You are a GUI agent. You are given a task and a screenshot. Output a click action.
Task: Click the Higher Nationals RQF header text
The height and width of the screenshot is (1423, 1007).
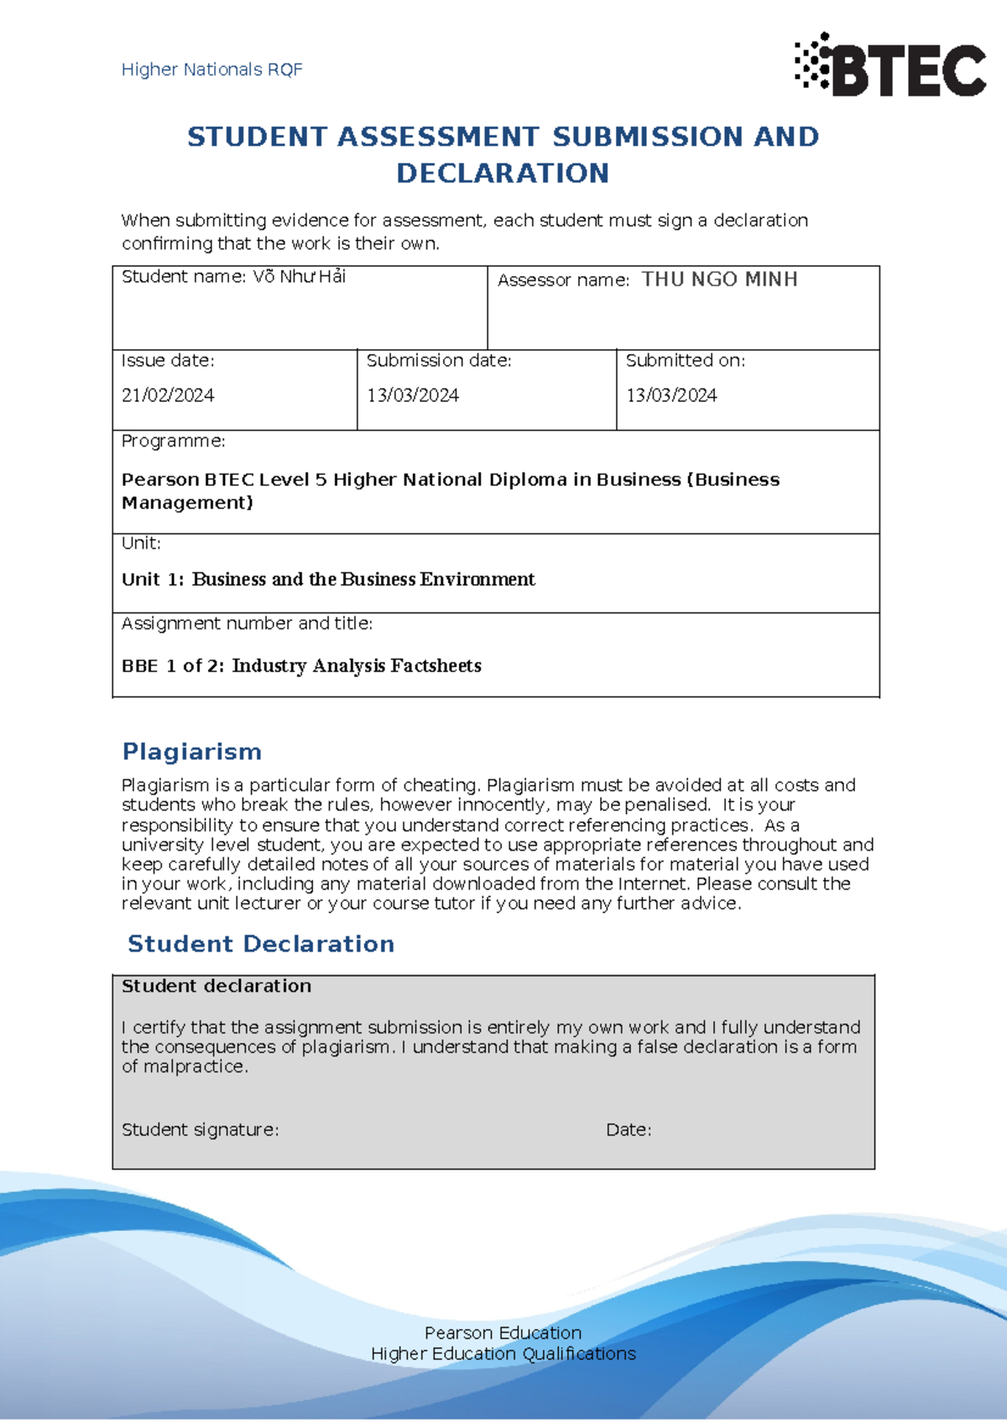211,70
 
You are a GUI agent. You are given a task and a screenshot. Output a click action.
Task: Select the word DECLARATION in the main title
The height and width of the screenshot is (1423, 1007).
503,174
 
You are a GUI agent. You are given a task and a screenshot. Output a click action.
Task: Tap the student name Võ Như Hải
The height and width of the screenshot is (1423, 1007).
300,277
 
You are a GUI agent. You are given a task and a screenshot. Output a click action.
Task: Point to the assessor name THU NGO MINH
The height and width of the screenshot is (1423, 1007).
719,279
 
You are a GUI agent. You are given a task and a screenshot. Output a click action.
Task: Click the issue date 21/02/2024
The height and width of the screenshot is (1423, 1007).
168,395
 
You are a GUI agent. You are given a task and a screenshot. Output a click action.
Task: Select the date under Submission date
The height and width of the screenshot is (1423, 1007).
413,395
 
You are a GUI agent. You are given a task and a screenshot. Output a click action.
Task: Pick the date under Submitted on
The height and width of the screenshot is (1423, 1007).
671,395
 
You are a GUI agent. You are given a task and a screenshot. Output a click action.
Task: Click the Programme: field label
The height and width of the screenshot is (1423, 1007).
173,441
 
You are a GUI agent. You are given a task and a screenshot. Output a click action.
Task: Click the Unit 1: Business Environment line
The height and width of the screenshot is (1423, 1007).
328,580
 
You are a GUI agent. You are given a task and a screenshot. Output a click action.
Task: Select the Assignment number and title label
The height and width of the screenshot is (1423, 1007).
247,623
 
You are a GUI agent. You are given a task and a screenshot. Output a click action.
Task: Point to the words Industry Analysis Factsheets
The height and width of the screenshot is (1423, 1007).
357,666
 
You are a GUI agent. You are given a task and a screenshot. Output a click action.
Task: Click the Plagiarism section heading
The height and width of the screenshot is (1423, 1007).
192,752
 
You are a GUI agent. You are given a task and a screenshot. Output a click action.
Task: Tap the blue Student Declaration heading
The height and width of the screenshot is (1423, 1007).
261,944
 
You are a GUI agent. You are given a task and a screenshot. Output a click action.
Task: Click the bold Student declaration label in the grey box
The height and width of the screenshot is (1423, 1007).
217,987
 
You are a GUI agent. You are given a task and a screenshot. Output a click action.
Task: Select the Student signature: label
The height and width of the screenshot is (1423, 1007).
200,1130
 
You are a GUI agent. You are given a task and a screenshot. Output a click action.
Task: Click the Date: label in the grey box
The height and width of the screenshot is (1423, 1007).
629,1130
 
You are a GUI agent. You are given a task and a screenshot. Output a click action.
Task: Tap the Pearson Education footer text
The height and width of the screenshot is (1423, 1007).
503,1333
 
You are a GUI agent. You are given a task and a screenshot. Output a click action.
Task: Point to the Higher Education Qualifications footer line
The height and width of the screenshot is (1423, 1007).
503,1354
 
